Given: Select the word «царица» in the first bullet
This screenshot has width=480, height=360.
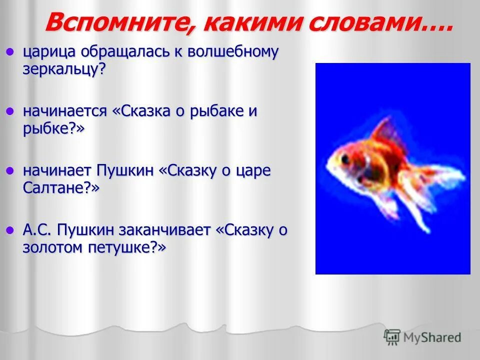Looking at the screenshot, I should [49, 52].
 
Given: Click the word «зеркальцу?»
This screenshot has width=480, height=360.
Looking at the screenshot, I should [64, 69].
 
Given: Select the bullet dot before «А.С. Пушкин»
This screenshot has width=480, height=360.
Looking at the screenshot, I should [9, 229].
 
